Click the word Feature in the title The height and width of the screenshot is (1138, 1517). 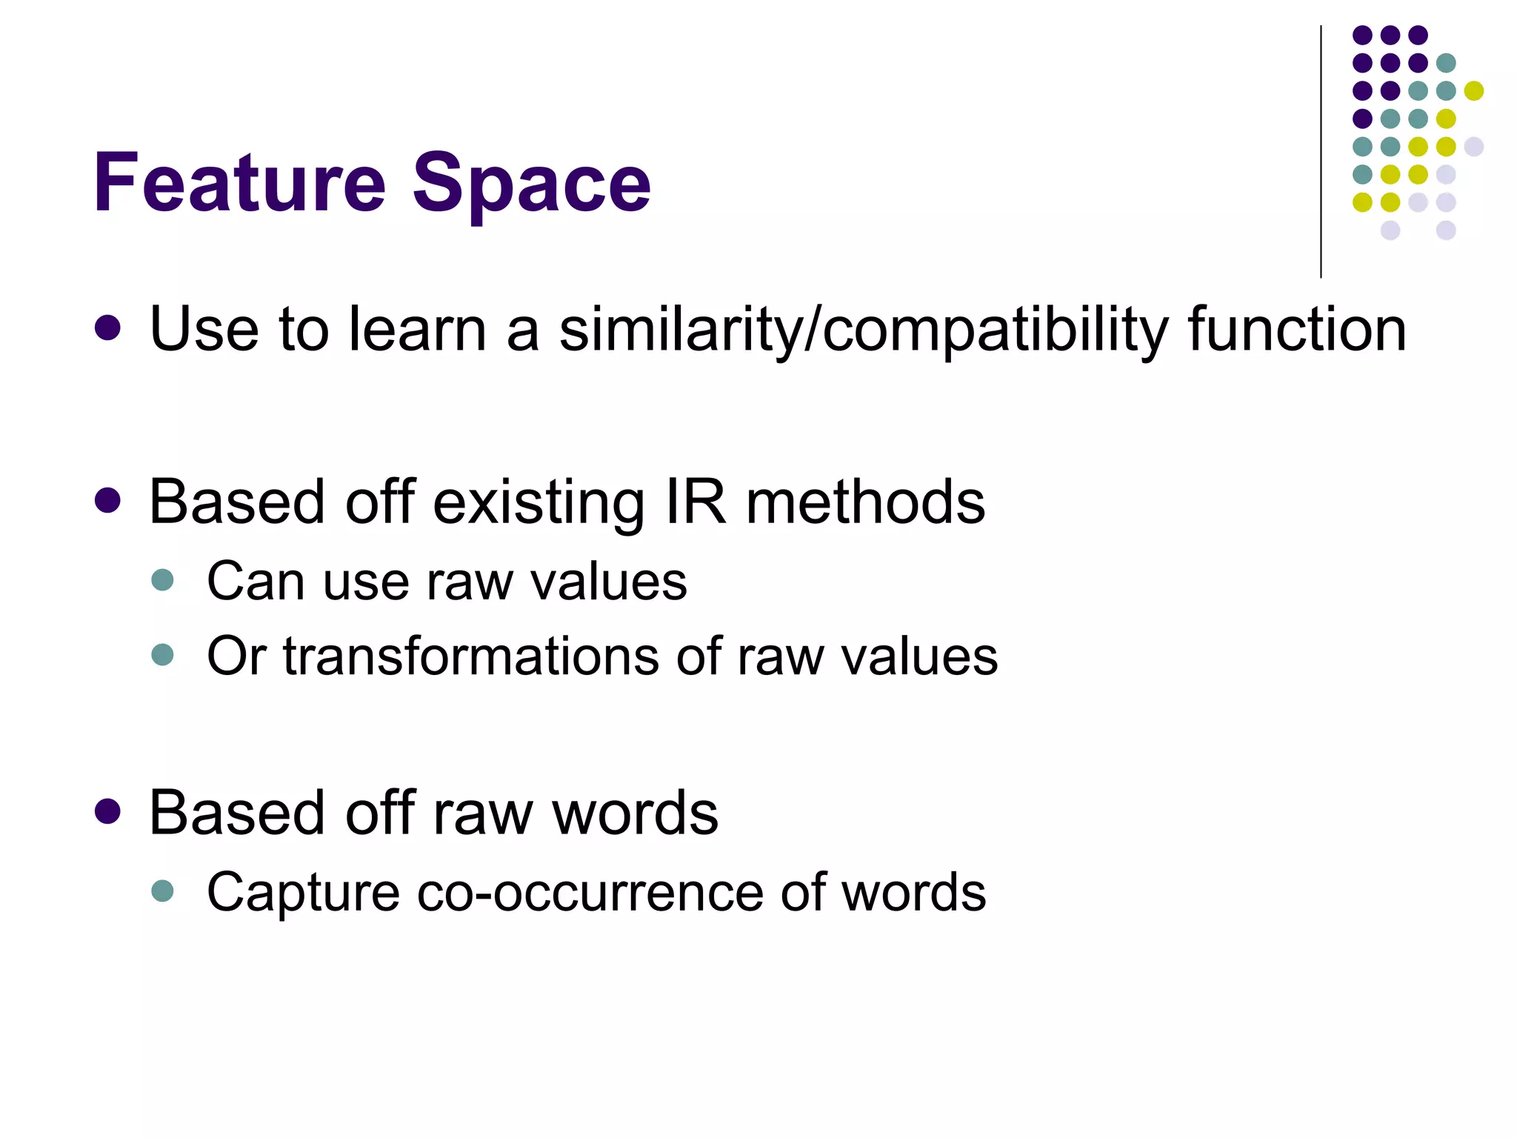(239, 182)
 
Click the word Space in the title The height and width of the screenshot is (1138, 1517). (531, 184)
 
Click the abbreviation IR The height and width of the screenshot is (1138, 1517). (696, 502)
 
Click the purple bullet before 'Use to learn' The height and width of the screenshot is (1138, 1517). (108, 328)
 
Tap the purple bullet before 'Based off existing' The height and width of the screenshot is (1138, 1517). (108, 501)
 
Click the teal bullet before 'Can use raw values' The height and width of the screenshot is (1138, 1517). (162, 579)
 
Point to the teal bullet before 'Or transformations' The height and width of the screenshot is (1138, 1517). (162, 655)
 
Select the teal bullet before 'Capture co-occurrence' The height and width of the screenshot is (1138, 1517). (162, 891)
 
